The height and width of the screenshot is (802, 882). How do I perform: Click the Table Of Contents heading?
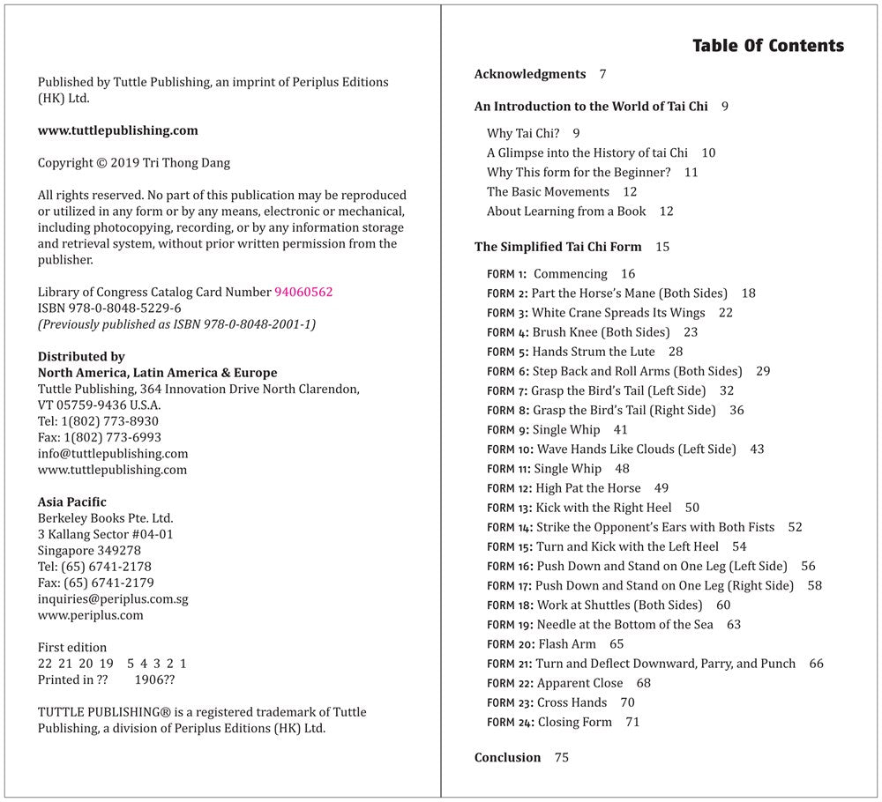pyautogui.click(x=767, y=46)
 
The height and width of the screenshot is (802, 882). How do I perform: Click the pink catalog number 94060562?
pyautogui.click(x=303, y=293)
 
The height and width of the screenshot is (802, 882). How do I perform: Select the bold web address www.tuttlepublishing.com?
pyautogui.click(x=117, y=130)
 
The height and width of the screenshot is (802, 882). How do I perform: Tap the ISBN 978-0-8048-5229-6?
pyautogui.click(x=109, y=308)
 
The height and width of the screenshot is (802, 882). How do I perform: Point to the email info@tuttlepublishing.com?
pyautogui.click(x=113, y=454)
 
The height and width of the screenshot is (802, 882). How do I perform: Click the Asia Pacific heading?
pyautogui.click(x=72, y=502)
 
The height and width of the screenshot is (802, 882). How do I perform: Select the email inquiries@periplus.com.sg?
pyautogui.click(x=113, y=599)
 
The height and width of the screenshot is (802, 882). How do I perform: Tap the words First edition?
pyautogui.click(x=72, y=648)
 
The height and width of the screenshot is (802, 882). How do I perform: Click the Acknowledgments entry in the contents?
pyautogui.click(x=529, y=74)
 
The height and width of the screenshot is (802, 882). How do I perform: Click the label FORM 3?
pyautogui.click(x=507, y=313)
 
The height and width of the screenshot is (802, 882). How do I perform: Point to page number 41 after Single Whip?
pyautogui.click(x=620, y=430)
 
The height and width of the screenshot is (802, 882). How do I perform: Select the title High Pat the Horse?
pyautogui.click(x=588, y=488)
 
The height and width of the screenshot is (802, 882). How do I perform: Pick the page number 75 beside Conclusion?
pyautogui.click(x=561, y=758)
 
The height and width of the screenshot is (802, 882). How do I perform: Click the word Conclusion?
pyautogui.click(x=507, y=758)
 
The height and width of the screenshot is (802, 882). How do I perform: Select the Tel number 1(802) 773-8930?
pyautogui.click(x=110, y=421)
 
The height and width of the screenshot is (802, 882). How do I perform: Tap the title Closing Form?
pyautogui.click(x=574, y=722)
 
